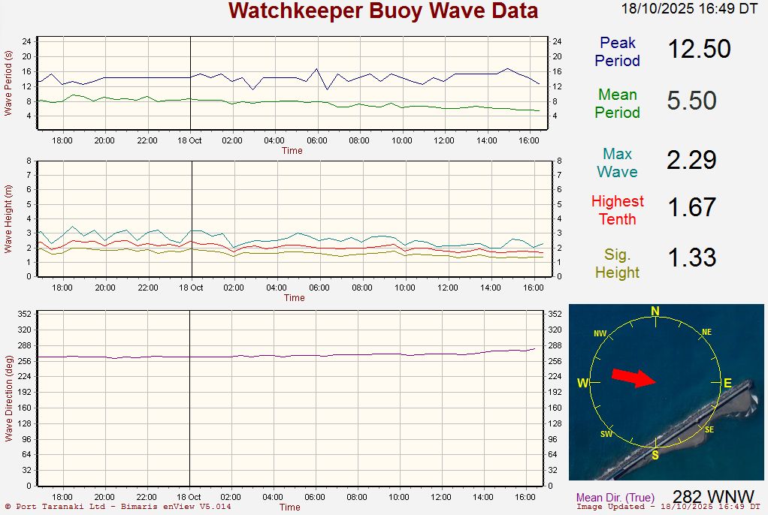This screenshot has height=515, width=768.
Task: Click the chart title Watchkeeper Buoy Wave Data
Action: click(x=383, y=11)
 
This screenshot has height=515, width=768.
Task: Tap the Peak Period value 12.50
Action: click(x=699, y=50)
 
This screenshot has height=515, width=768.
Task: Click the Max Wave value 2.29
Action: click(x=691, y=160)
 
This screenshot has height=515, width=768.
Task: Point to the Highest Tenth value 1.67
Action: click(x=691, y=207)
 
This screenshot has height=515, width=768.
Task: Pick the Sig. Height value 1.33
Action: click(x=691, y=257)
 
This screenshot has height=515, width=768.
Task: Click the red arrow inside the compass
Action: click(x=633, y=377)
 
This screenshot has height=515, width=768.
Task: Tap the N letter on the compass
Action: click(x=655, y=312)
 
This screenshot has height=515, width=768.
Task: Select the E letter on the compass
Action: click(x=727, y=384)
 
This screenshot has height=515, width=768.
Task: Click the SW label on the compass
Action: click(x=606, y=435)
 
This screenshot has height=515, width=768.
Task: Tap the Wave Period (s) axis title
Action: click(x=8, y=83)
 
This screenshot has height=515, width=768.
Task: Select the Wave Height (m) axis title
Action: click(x=8, y=218)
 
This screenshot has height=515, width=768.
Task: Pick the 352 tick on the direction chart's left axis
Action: click(x=25, y=315)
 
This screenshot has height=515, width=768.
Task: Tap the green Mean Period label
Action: click(x=618, y=104)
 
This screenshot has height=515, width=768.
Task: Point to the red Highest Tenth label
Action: click(x=618, y=210)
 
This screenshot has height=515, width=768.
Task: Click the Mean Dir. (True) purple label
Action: click(x=615, y=498)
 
